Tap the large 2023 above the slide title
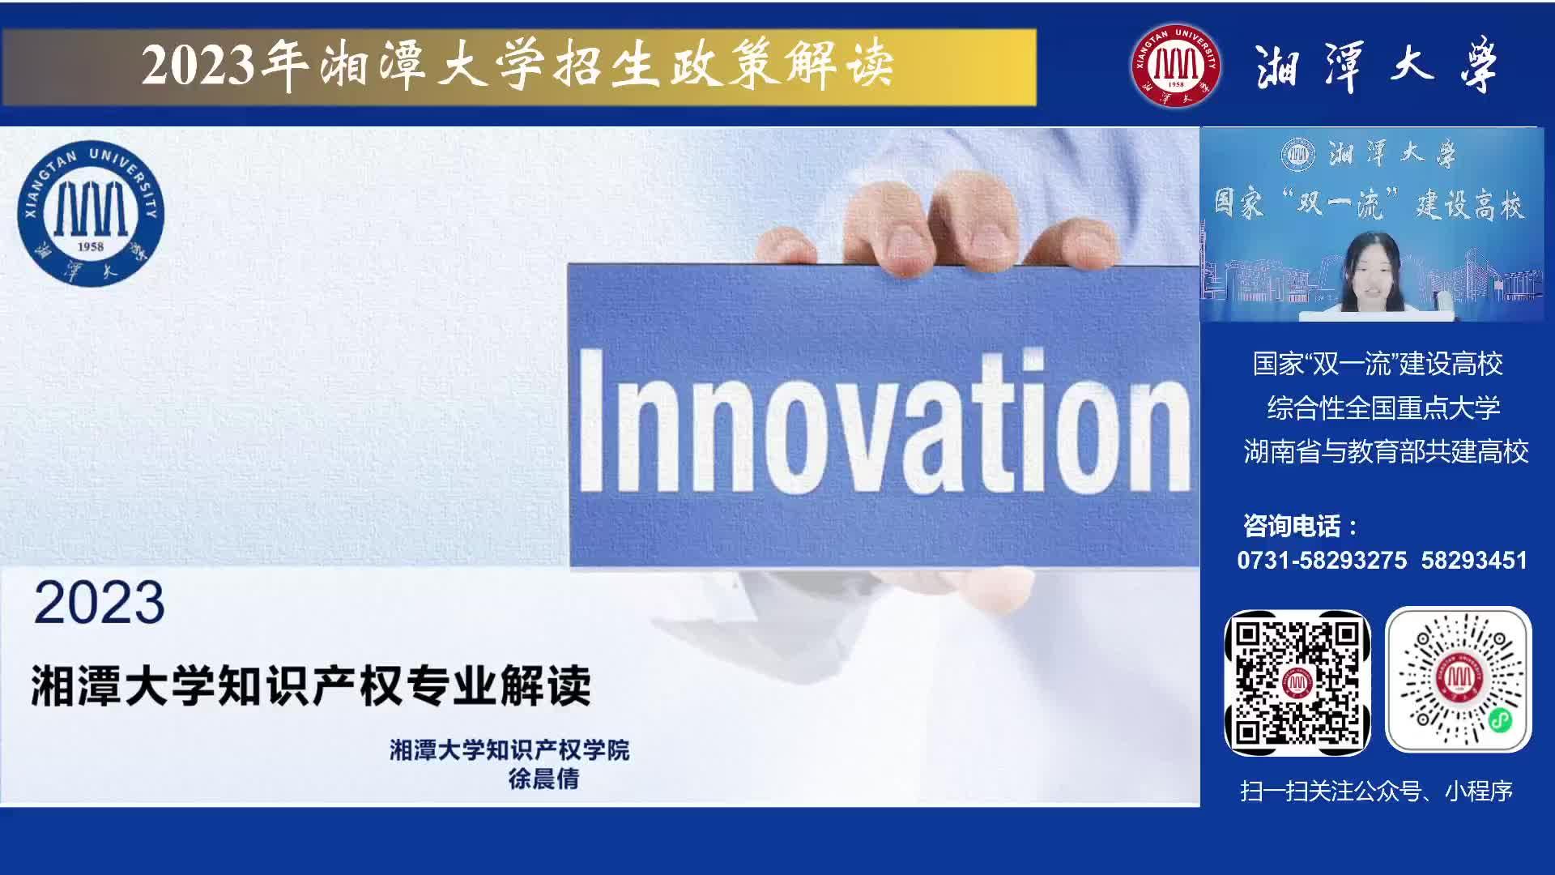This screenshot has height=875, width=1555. pyautogui.click(x=100, y=603)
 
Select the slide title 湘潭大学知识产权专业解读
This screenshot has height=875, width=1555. pyautogui.click(x=311, y=685)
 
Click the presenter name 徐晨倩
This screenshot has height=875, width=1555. pyautogui.click(x=543, y=779)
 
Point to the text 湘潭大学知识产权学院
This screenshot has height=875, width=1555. pyautogui.click(x=509, y=749)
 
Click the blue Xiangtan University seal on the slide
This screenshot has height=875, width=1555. pyautogui.click(x=91, y=212)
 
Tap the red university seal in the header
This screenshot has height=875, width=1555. pyautogui.click(x=1176, y=65)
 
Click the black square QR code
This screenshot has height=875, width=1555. pyautogui.click(x=1297, y=683)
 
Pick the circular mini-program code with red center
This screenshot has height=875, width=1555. pyautogui.click(x=1459, y=681)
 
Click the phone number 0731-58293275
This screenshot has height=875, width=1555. pyautogui.click(x=1322, y=561)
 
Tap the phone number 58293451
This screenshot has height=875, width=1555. pyautogui.click(x=1474, y=561)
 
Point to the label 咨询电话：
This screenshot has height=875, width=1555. pyautogui.click(x=1301, y=527)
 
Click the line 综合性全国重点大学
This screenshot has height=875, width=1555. pyautogui.click(x=1383, y=408)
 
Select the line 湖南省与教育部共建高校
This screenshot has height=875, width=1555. pyautogui.click(x=1386, y=451)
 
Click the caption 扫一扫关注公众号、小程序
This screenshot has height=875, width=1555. pyautogui.click(x=1376, y=791)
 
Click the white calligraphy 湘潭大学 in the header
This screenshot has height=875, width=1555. pyautogui.click(x=1376, y=66)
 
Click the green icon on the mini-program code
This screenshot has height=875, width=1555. pyautogui.click(x=1500, y=719)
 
